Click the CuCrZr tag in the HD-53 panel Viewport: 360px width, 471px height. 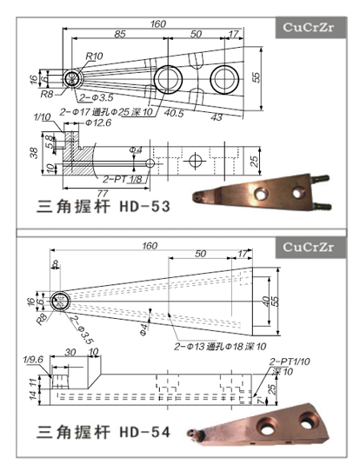point(310,27)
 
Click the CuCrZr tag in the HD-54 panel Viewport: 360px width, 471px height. point(310,248)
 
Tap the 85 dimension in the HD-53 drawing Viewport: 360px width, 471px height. point(121,35)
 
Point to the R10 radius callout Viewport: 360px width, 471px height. point(95,56)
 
